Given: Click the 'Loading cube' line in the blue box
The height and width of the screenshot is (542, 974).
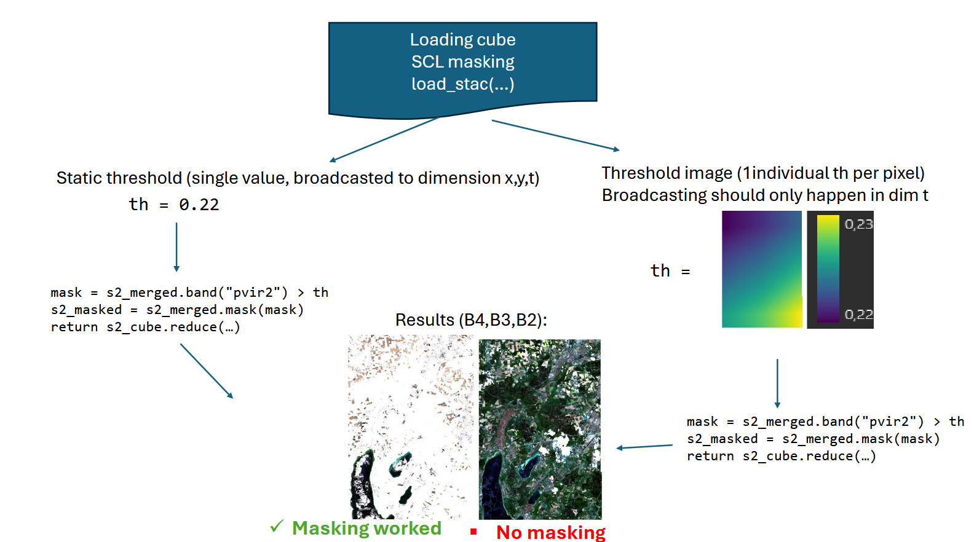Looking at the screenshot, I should pos(462,40).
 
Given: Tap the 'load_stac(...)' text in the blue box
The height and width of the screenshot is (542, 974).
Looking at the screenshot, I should pos(462,84).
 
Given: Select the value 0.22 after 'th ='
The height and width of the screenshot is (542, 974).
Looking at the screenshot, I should pos(199,205).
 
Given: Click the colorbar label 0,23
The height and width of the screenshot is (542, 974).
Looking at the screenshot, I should pos(858,224).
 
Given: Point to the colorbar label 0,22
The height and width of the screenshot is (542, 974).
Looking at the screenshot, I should pos(858,315).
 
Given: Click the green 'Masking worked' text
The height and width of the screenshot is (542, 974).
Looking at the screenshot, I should pos(366,528).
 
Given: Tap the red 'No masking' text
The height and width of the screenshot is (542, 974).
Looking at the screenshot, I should pos(550,532).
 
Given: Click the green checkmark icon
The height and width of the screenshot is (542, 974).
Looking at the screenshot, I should pos(277,526).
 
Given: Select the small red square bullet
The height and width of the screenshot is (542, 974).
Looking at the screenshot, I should pos(473,532).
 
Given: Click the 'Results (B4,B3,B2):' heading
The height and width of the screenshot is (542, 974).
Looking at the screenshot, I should pos(471,320).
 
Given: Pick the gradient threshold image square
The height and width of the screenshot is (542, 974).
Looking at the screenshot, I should pos(762,269).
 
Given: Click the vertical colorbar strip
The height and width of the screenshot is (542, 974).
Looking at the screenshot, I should pos(828,269).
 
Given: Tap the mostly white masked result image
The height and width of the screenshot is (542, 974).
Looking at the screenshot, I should pos(410,426).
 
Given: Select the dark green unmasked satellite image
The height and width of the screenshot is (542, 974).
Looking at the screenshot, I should pos(539,429).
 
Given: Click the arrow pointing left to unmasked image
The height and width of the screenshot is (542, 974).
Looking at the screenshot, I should pos(644,447).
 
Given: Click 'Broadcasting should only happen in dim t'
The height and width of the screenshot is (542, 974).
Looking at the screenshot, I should pos(764,195).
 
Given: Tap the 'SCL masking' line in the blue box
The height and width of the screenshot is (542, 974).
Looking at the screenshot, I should pos(462,62).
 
